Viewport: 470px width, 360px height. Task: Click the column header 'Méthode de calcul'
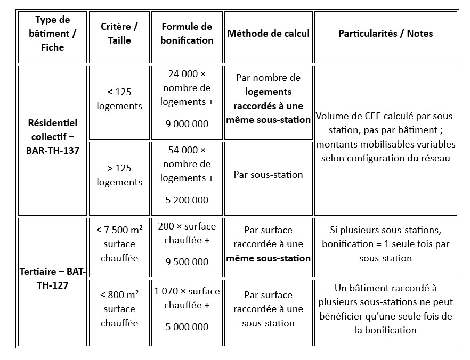(268, 34)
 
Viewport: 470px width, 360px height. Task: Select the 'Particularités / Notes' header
(385, 34)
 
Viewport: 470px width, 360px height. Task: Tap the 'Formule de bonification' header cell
(187, 34)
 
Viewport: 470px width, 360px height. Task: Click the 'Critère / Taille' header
(119, 34)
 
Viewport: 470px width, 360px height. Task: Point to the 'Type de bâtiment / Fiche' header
(52, 34)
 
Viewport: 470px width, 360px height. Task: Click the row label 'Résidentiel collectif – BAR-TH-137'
(52, 137)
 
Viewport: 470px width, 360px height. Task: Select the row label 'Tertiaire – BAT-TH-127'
(52, 278)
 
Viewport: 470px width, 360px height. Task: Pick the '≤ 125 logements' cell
(119, 99)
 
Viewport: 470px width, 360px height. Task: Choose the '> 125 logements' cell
(119, 175)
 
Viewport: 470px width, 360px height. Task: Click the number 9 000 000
(187, 124)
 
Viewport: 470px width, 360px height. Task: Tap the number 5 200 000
(187, 200)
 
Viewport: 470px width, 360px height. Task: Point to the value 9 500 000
(187, 262)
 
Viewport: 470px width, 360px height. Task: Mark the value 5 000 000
(187, 327)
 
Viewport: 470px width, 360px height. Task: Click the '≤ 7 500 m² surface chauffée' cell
(119, 244)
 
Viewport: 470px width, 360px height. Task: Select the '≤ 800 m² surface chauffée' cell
(119, 309)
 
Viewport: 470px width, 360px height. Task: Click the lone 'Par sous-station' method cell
(268, 175)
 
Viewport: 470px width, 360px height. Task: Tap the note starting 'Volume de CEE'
(385, 137)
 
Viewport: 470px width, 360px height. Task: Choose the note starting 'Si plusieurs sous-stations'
(385, 244)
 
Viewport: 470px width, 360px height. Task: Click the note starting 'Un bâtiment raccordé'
(385, 309)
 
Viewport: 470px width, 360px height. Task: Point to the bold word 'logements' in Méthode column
(268, 92)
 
